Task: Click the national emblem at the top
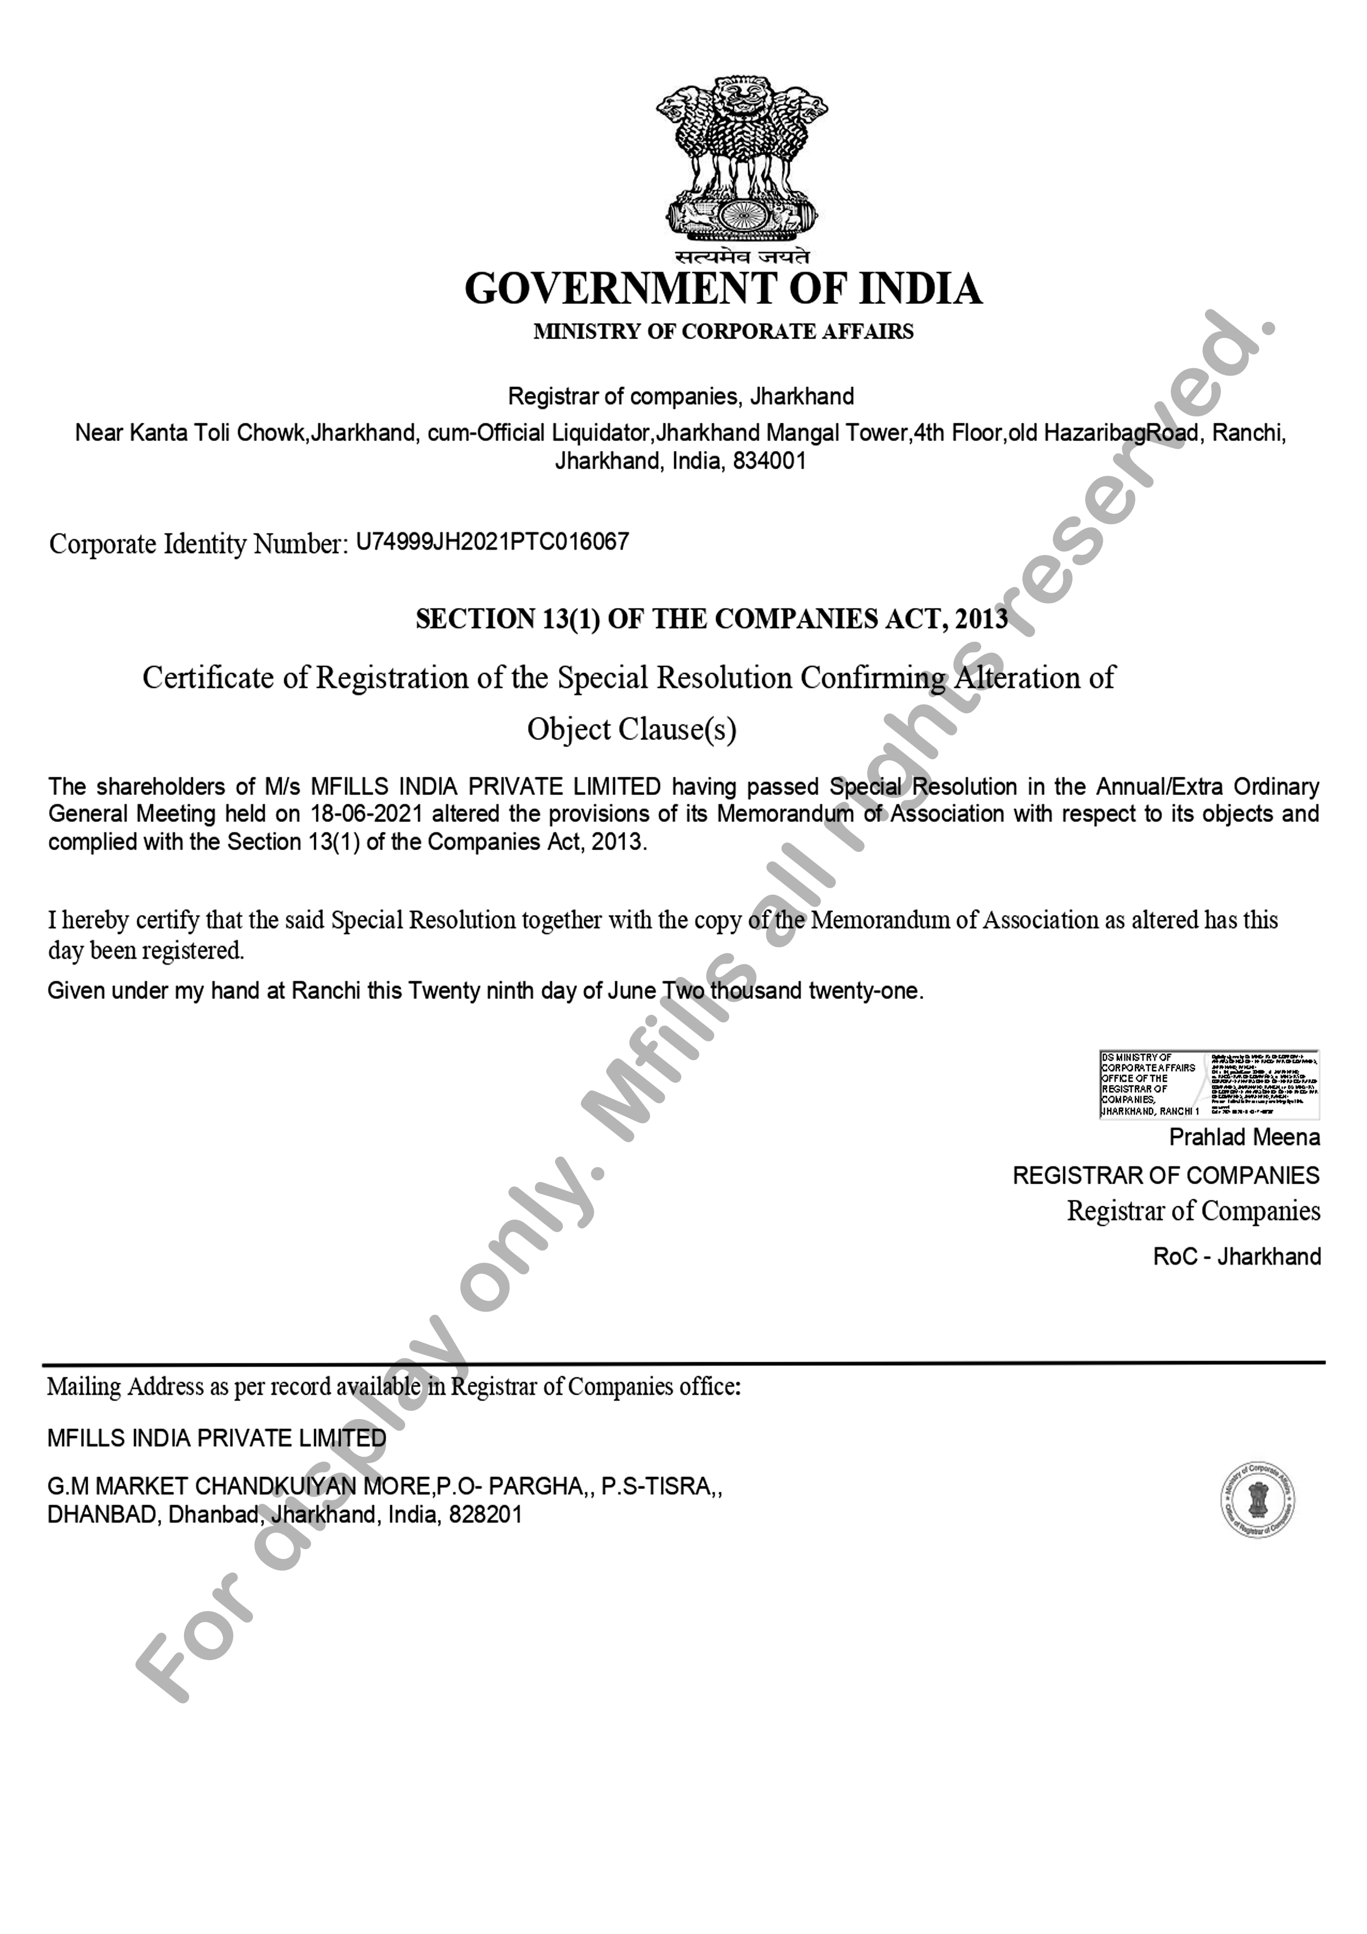click(741, 160)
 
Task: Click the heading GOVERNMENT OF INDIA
click(723, 289)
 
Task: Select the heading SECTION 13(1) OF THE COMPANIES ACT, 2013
click(711, 619)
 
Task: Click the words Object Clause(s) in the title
click(632, 729)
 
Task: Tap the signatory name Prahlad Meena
click(1244, 1138)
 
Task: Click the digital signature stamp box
click(1209, 1084)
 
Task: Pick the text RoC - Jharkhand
click(1236, 1257)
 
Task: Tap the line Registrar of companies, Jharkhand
click(681, 397)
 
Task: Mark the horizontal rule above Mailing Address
click(683, 1362)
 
